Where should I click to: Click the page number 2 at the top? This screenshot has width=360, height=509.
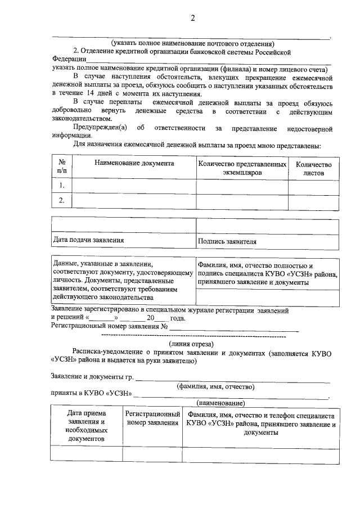[192, 18]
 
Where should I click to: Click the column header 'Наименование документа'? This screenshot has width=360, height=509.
[134, 163]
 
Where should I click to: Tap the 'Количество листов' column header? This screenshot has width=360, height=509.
[313, 168]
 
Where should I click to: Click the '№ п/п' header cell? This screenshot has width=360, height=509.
[62, 168]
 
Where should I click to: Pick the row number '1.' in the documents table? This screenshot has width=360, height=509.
[62, 185]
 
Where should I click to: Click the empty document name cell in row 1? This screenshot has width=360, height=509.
[134, 185]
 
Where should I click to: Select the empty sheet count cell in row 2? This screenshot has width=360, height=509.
[313, 201]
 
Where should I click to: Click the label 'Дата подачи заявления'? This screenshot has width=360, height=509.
[88, 240]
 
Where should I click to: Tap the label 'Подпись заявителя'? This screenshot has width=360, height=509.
[227, 242]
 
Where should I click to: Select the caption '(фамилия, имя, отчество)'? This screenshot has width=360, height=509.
[215, 387]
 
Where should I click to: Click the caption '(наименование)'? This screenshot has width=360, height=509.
[220, 403]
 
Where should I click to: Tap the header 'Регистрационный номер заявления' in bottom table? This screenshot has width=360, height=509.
[152, 419]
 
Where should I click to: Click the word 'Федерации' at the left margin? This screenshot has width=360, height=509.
[68, 58]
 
